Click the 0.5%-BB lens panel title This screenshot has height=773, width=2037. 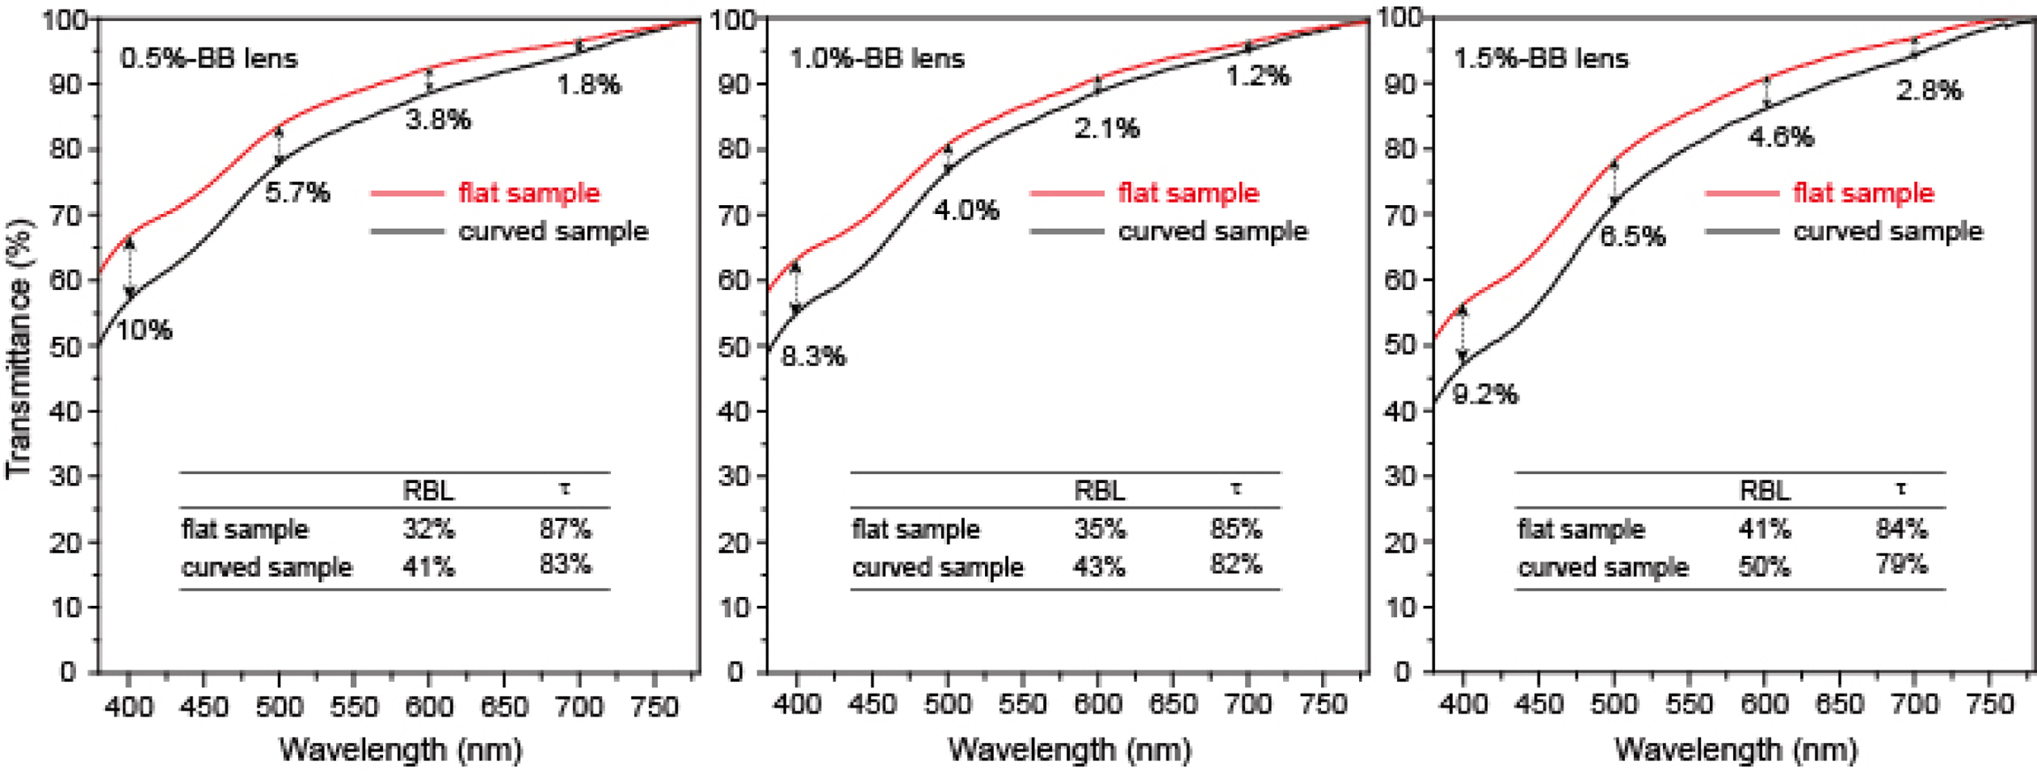click(x=209, y=59)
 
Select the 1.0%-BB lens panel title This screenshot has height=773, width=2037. click(x=877, y=59)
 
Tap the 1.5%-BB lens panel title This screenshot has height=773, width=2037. click(x=1541, y=59)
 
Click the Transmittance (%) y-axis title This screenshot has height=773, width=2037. click(x=19, y=349)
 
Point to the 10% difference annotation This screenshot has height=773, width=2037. click(x=144, y=329)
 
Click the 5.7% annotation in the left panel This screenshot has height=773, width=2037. click(x=297, y=192)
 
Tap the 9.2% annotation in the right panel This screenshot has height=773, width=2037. click(x=1486, y=394)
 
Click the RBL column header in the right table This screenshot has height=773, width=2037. click(x=1765, y=491)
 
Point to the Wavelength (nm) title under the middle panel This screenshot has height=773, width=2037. click(x=1069, y=748)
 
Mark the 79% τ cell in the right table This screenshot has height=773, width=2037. click(x=1901, y=564)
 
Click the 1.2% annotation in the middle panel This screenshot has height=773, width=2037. click(x=1259, y=76)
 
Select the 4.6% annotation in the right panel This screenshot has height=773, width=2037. click(x=1780, y=137)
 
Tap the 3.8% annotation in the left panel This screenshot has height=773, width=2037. click(x=438, y=120)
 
